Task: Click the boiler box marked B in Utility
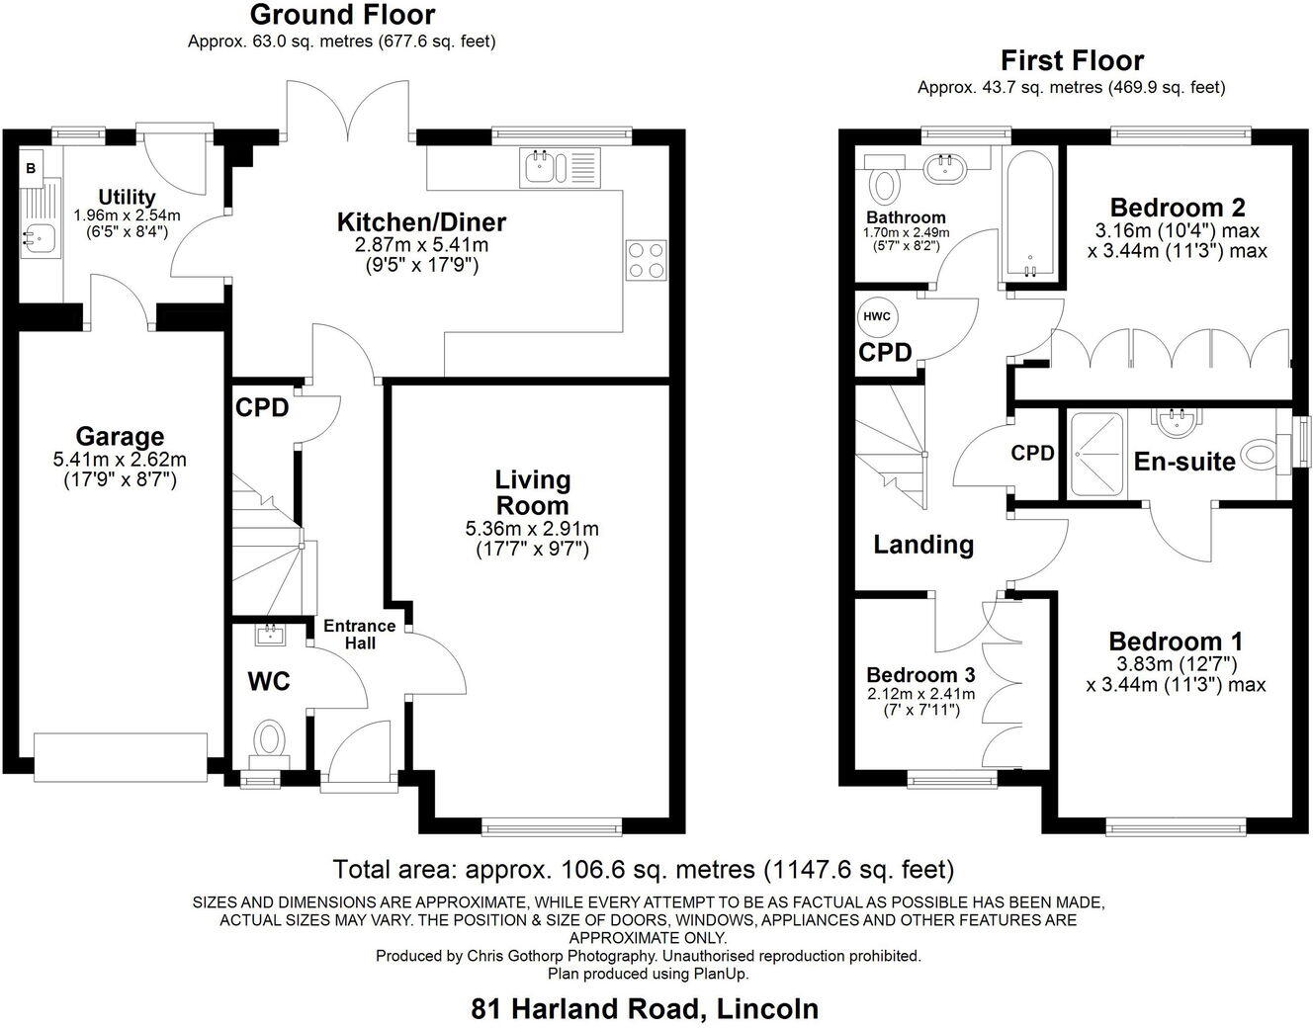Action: [31, 169]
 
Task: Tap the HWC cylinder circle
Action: [876, 317]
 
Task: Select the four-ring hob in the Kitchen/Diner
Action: [646, 259]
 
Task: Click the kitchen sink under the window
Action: [543, 166]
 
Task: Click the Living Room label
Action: [533, 492]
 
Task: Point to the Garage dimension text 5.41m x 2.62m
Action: [120, 460]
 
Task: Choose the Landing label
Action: [923, 545]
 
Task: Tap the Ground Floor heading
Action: [342, 15]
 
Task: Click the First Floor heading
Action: [1072, 60]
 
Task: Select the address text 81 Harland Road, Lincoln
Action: [645, 1009]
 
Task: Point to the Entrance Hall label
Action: [360, 635]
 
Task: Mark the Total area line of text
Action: [644, 870]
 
